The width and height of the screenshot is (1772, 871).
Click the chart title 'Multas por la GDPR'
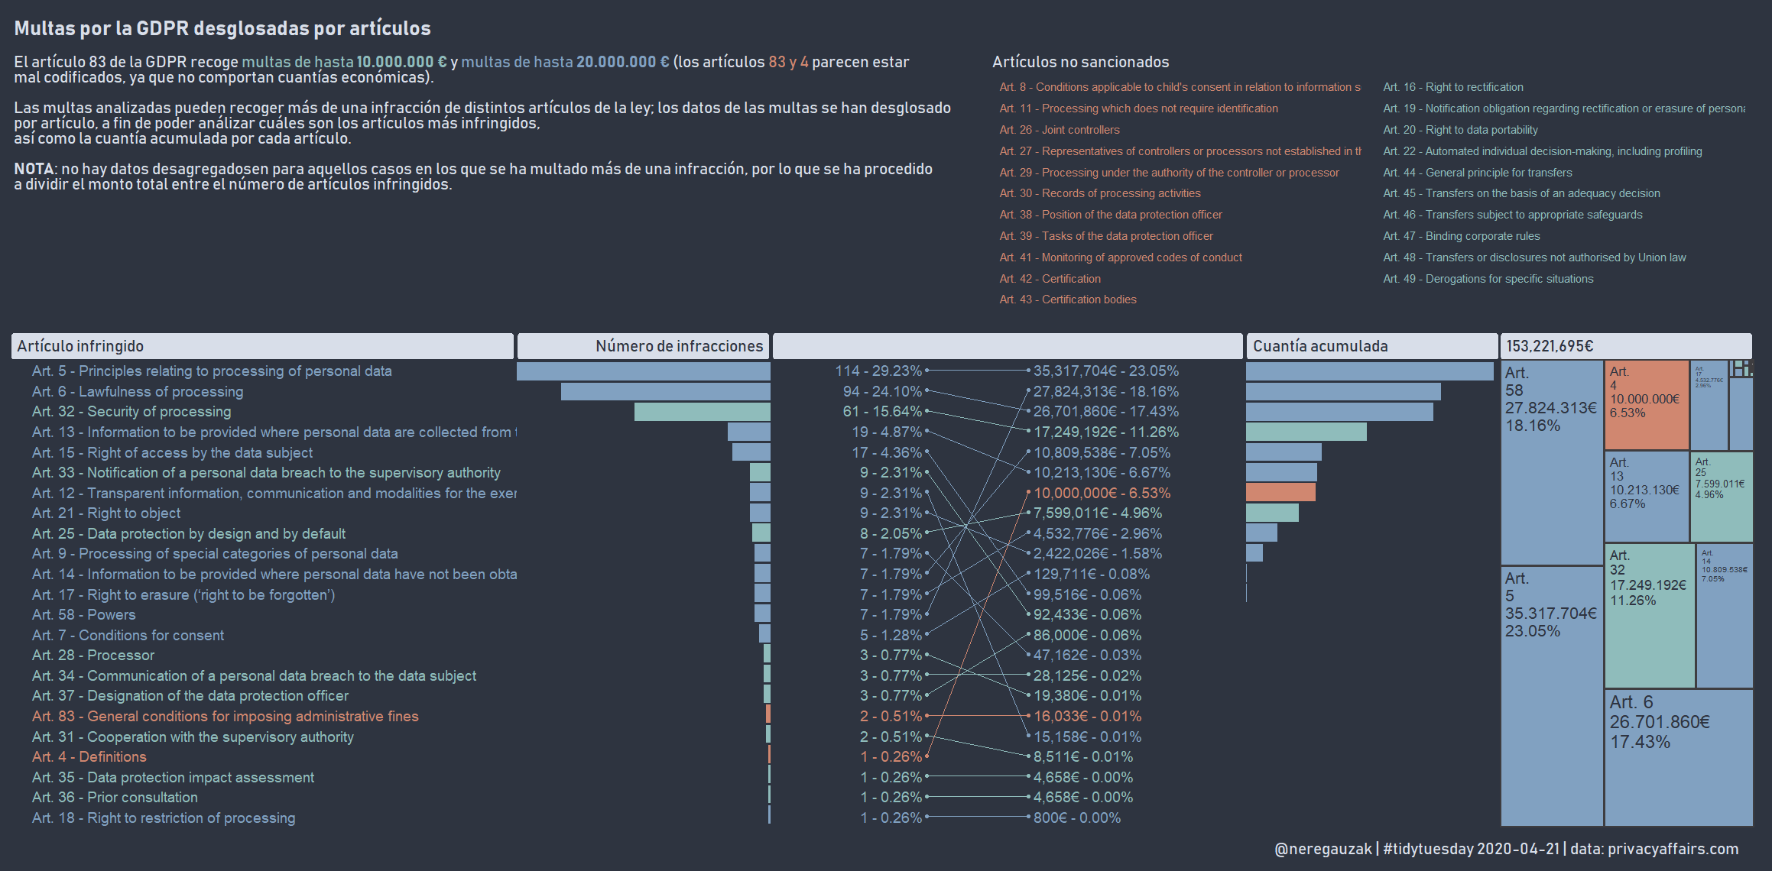click(222, 28)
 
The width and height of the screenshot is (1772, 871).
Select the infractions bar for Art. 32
click(702, 412)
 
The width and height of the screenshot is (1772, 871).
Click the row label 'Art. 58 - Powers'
click(84, 615)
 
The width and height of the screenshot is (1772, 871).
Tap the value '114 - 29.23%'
click(878, 371)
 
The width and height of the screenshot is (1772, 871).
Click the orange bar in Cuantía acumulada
click(1280, 492)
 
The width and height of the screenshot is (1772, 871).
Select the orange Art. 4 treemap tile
click(1646, 405)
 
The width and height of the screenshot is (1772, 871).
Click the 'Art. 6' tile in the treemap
click(1678, 756)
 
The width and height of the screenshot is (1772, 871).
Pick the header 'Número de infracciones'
click(679, 346)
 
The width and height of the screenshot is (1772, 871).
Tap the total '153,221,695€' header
click(1550, 346)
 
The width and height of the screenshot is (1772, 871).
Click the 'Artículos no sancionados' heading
click(1080, 62)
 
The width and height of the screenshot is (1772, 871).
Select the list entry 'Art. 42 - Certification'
click(1050, 279)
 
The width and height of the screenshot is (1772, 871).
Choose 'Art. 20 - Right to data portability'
click(1459, 130)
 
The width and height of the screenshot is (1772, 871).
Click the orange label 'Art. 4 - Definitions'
click(89, 757)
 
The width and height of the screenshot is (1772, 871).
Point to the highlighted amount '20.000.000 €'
click(622, 62)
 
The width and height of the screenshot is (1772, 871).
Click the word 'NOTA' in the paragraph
click(34, 169)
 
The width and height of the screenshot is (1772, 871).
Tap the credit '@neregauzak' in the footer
click(1323, 849)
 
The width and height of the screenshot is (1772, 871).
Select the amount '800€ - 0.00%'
click(1076, 818)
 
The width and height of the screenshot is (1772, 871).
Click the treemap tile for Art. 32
click(1649, 615)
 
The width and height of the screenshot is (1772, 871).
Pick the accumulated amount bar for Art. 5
click(1369, 371)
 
